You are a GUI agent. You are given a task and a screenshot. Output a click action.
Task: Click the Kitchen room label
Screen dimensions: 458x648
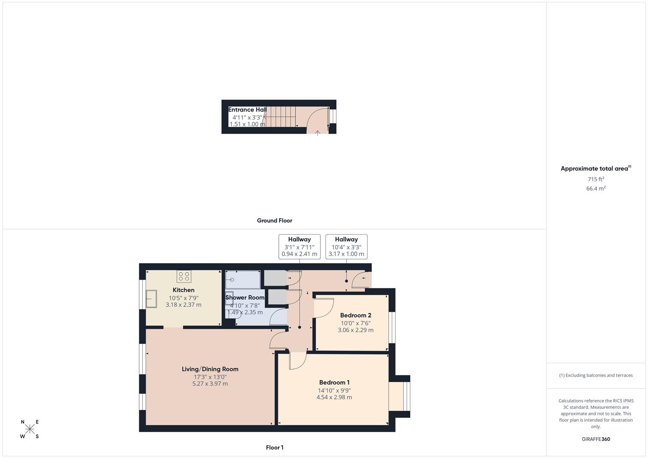point(183,290)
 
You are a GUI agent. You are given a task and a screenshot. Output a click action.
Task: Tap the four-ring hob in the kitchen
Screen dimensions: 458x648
point(184,276)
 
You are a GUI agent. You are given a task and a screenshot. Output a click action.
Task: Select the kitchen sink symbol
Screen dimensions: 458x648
point(151,299)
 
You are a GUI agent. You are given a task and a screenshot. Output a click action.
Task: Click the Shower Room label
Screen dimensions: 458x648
point(245,298)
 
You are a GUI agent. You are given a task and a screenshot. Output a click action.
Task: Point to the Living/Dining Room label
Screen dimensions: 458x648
point(210,369)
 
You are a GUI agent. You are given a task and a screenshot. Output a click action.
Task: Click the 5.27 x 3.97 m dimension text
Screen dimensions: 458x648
point(210,384)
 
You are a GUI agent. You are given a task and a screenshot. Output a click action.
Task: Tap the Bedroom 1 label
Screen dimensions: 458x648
point(334,383)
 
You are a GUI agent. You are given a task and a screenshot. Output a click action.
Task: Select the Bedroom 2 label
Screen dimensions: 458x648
point(356,316)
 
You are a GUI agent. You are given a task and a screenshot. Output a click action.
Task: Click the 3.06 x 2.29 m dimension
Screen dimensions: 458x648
point(356,330)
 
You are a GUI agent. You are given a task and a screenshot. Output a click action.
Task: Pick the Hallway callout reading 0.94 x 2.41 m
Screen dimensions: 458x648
point(299,247)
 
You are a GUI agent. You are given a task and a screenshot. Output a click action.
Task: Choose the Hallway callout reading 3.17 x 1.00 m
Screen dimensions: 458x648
point(346,247)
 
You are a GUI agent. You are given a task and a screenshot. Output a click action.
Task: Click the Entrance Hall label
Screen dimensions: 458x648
point(247,110)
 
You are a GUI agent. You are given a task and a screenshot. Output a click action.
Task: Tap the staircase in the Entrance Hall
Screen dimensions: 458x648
point(281,117)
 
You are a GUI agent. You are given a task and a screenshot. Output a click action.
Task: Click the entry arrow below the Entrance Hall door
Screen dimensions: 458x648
point(317,133)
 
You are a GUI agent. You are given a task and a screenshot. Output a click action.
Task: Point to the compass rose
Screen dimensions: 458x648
point(30,429)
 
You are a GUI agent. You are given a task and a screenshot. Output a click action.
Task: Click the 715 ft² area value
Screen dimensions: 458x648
point(596,179)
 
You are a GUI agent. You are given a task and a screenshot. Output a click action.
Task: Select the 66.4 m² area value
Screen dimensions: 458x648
point(596,189)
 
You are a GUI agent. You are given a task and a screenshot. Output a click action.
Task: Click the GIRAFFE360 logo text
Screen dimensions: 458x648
point(596,439)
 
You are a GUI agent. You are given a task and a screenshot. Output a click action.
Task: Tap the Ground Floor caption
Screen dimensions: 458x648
point(275,221)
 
